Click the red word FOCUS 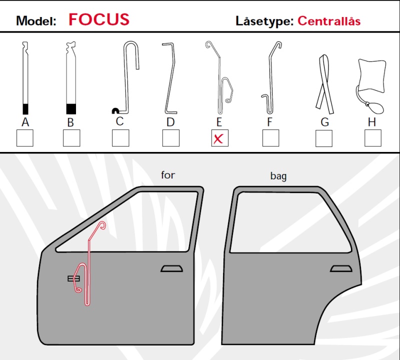click(x=99, y=19)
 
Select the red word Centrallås click(x=329, y=21)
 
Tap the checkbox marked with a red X click(x=219, y=138)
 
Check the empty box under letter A click(x=24, y=138)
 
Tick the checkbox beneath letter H click(x=372, y=138)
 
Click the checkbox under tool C click(x=120, y=138)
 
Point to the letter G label click(x=324, y=122)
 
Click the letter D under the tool click(x=170, y=122)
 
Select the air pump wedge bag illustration click(x=371, y=86)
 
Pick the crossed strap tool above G click(x=324, y=84)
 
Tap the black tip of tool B click(x=71, y=109)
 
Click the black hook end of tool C click(x=115, y=110)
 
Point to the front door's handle click(x=171, y=268)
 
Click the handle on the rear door click(x=341, y=268)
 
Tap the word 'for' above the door click(x=168, y=175)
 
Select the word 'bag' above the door click(x=278, y=176)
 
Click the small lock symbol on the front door click(x=73, y=278)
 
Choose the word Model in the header click(x=36, y=21)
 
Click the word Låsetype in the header click(x=265, y=21)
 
